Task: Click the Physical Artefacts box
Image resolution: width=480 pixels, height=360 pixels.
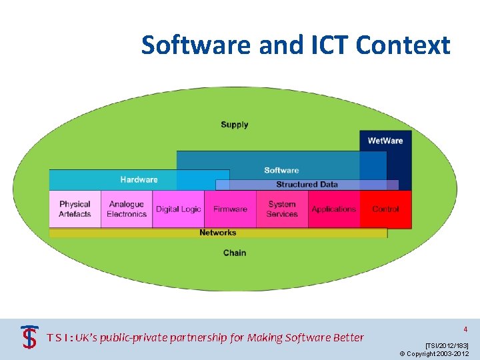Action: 75,209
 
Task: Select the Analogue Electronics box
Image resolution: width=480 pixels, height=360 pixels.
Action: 127,209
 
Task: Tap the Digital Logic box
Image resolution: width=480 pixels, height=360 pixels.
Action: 178,209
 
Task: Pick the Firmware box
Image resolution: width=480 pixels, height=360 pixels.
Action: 230,209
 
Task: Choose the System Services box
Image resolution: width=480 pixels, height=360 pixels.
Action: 282,209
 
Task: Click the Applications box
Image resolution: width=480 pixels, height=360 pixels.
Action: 334,209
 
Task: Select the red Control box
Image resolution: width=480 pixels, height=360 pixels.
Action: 385,209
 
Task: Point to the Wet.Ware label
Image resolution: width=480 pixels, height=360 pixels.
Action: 385,141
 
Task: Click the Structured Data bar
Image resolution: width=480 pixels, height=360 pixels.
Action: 307,185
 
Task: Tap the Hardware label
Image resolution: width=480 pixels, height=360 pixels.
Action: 139,179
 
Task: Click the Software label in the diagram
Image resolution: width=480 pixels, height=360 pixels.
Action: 281,170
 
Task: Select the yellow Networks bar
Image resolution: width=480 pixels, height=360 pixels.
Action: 218,233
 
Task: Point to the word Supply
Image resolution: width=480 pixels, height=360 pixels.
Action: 235,125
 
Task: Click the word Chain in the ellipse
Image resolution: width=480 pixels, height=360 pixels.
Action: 235,253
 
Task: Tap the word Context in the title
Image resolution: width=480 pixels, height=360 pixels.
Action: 403,45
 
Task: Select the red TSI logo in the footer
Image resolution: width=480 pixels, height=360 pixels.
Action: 29,336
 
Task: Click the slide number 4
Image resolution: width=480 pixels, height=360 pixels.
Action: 465,329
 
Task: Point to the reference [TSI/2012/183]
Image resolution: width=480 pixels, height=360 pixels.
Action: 447,345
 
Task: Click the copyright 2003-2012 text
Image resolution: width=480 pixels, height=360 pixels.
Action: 434,353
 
